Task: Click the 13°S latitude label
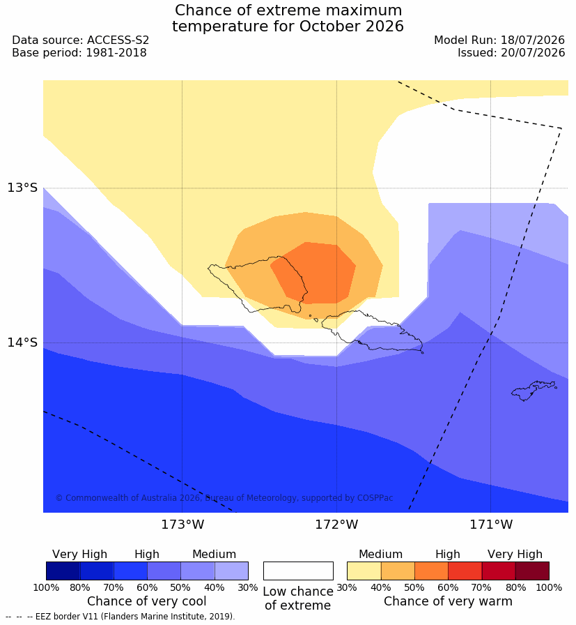[22, 188]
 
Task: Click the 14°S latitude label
[22, 342]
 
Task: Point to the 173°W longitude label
[182, 525]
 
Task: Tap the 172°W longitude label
[337, 525]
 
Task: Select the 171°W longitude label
[491, 525]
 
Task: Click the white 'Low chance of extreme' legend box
[298, 571]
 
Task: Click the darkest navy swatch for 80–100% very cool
[63, 571]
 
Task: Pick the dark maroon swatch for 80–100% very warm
[532, 571]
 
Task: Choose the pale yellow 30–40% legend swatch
[364, 571]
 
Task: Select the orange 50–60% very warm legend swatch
[432, 571]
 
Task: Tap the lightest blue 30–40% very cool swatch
[232, 571]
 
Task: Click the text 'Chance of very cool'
[146, 601]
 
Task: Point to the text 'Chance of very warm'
[448, 601]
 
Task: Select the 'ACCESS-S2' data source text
[118, 40]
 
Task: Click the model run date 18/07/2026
[533, 40]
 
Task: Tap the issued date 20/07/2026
[533, 52]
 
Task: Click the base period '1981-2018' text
[116, 52]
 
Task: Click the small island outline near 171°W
[534, 390]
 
